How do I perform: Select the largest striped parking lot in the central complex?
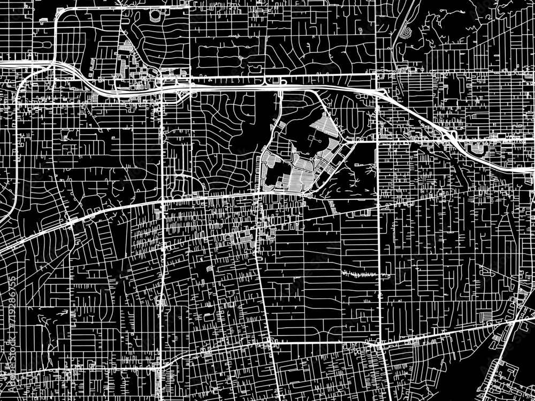click(x=297, y=174)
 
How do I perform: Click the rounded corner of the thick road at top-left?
click(x=58, y=12)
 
